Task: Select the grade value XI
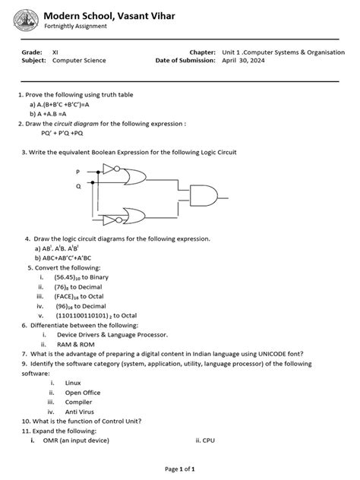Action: point(55,52)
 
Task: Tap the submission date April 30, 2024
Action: point(243,60)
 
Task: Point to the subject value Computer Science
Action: point(79,60)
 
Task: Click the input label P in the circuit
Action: point(77,172)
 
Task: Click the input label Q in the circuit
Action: point(77,185)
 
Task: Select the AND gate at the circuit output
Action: point(204,197)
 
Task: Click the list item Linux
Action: point(73,383)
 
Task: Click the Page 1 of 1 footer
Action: point(179,469)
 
